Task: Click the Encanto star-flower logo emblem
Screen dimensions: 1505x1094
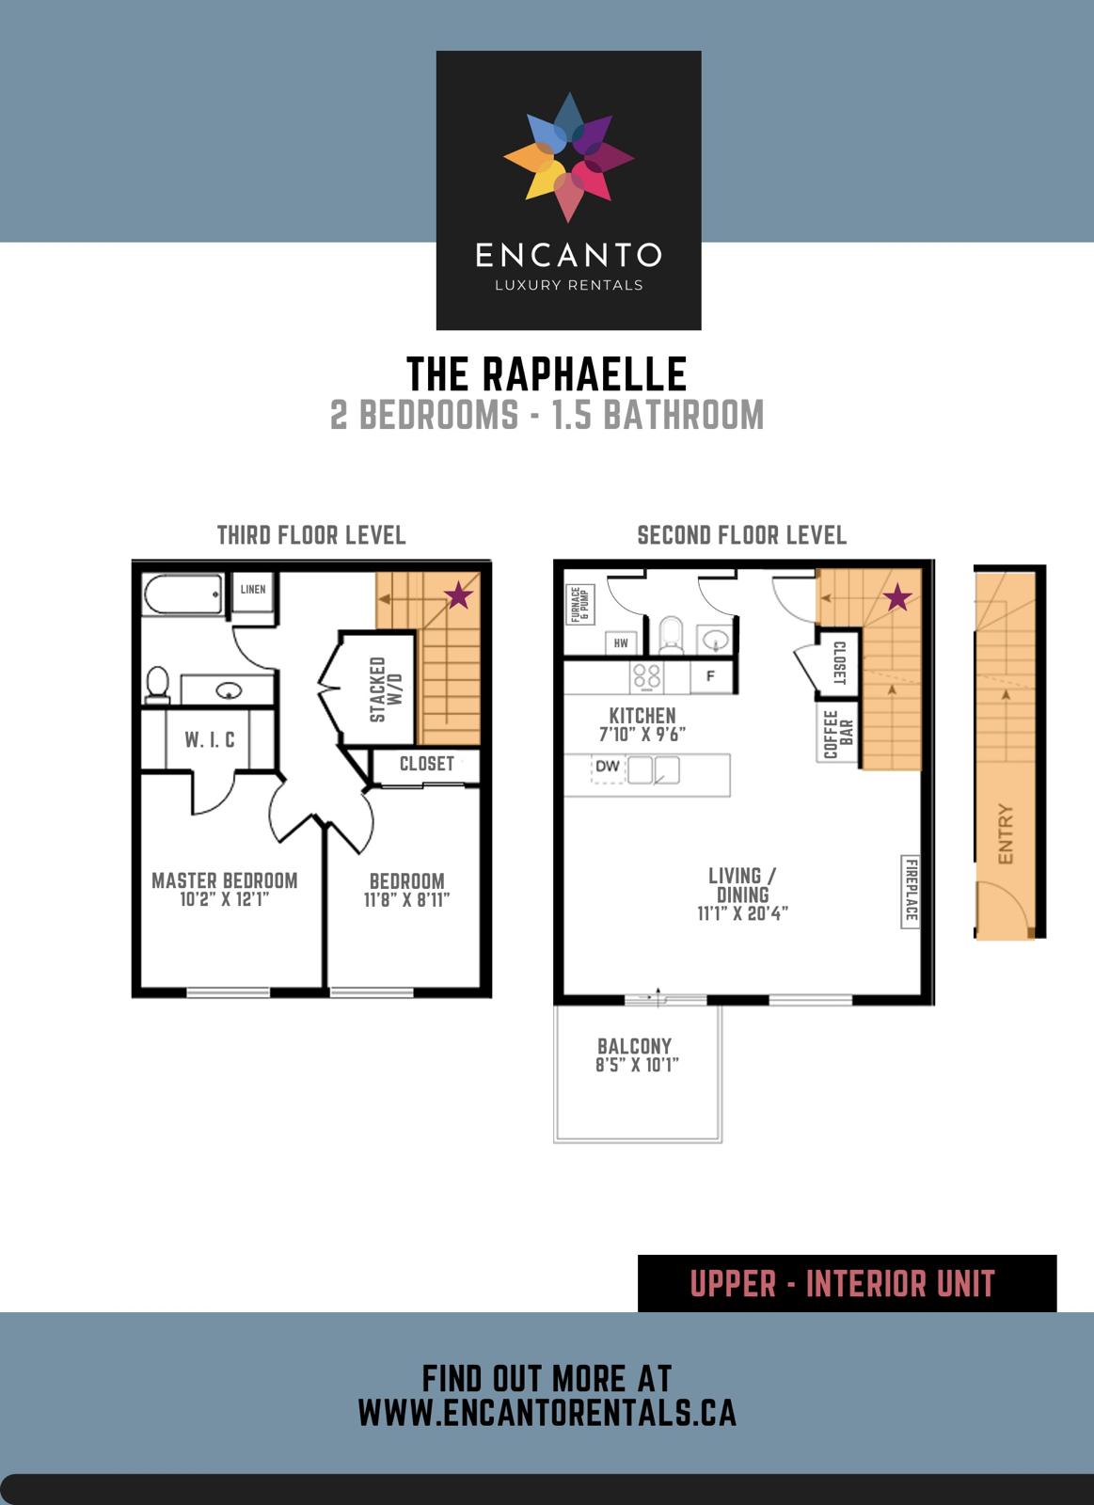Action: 568,156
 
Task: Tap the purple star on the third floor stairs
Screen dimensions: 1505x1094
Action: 458,594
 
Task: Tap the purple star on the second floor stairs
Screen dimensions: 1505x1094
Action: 897,596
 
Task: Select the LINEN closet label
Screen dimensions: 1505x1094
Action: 253,590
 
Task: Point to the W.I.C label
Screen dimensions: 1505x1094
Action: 210,740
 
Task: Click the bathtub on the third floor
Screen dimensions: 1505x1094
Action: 182,594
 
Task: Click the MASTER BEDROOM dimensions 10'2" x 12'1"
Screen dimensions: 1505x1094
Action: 225,900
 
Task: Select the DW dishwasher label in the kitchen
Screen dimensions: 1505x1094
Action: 608,767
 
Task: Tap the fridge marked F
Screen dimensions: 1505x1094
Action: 710,676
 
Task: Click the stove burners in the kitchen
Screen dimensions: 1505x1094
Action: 646,676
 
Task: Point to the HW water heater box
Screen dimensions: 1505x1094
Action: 621,643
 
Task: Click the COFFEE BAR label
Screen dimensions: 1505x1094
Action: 837,735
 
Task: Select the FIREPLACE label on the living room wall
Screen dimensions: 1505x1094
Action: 910,890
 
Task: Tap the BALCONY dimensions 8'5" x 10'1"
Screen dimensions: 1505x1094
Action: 637,1066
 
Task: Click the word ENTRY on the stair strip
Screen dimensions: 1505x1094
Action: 1005,834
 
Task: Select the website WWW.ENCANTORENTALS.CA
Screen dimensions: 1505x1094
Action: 547,1413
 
